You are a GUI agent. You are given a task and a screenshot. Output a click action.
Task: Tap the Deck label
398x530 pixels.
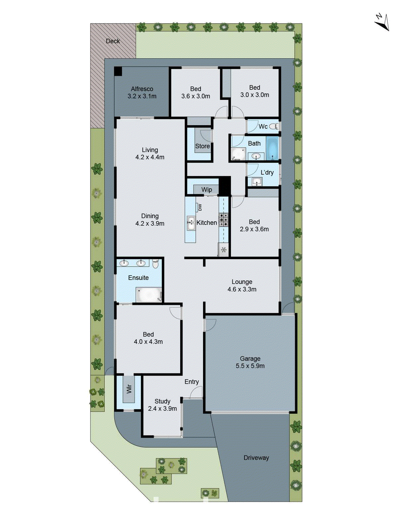pyautogui.click(x=113, y=41)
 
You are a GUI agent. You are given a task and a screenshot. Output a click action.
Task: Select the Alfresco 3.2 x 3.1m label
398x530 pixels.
pyautogui.click(x=142, y=92)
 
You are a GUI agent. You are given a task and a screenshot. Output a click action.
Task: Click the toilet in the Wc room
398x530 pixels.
pyautogui.click(x=274, y=126)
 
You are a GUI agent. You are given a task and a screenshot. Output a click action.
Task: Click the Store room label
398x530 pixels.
pyautogui.click(x=202, y=146)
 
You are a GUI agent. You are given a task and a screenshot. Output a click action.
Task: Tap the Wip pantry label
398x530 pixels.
pyautogui.click(x=206, y=189)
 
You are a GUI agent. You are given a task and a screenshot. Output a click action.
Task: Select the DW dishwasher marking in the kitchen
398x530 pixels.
pyautogui.click(x=200, y=207)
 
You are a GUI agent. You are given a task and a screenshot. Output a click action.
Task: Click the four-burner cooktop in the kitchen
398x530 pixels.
pyautogui.click(x=224, y=220)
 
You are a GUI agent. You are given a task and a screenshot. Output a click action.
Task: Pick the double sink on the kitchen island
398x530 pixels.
pyautogui.click(x=191, y=223)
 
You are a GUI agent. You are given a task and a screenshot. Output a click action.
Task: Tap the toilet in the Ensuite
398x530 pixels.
pyautogui.click(x=156, y=264)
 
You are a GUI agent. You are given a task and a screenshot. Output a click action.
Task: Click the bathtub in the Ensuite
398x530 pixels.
pyautogui.click(x=148, y=294)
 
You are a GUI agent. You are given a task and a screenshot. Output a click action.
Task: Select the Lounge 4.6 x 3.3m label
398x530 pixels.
pyautogui.click(x=242, y=285)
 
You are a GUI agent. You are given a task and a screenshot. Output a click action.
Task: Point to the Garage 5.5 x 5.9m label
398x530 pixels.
pyautogui.click(x=250, y=362)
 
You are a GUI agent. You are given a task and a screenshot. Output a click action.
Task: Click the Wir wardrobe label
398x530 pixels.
pyautogui.click(x=129, y=389)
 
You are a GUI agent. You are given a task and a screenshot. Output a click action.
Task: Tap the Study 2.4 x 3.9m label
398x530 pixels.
pyautogui.click(x=162, y=405)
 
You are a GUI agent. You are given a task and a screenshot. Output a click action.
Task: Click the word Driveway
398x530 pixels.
pyautogui.click(x=256, y=458)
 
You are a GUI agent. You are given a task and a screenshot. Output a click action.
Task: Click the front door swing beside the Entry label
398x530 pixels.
pyautogui.click(x=196, y=393)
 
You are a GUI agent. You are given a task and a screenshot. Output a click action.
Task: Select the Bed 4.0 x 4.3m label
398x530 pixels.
pyautogui.click(x=148, y=338)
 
